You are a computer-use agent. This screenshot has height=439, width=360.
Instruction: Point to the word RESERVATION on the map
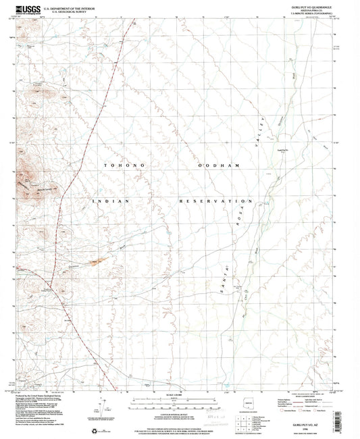pyautogui.click(x=215, y=201)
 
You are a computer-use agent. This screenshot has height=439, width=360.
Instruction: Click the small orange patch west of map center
pyautogui.click(x=99, y=261)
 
